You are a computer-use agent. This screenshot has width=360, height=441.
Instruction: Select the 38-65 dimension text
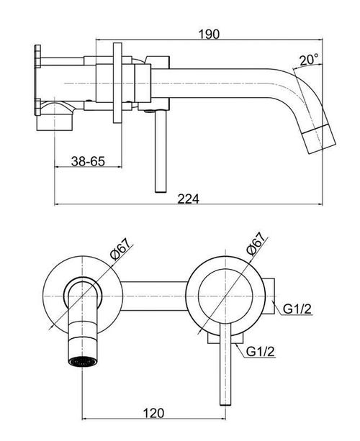87,162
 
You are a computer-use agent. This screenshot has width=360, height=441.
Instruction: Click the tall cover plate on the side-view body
119,83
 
